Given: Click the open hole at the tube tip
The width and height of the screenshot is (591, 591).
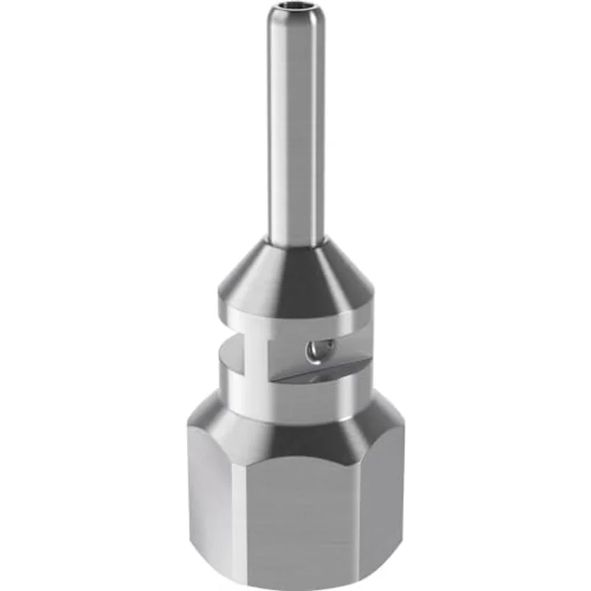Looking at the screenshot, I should click(x=296, y=11).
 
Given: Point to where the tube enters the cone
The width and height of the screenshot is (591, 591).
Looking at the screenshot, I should click(x=296, y=240).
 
